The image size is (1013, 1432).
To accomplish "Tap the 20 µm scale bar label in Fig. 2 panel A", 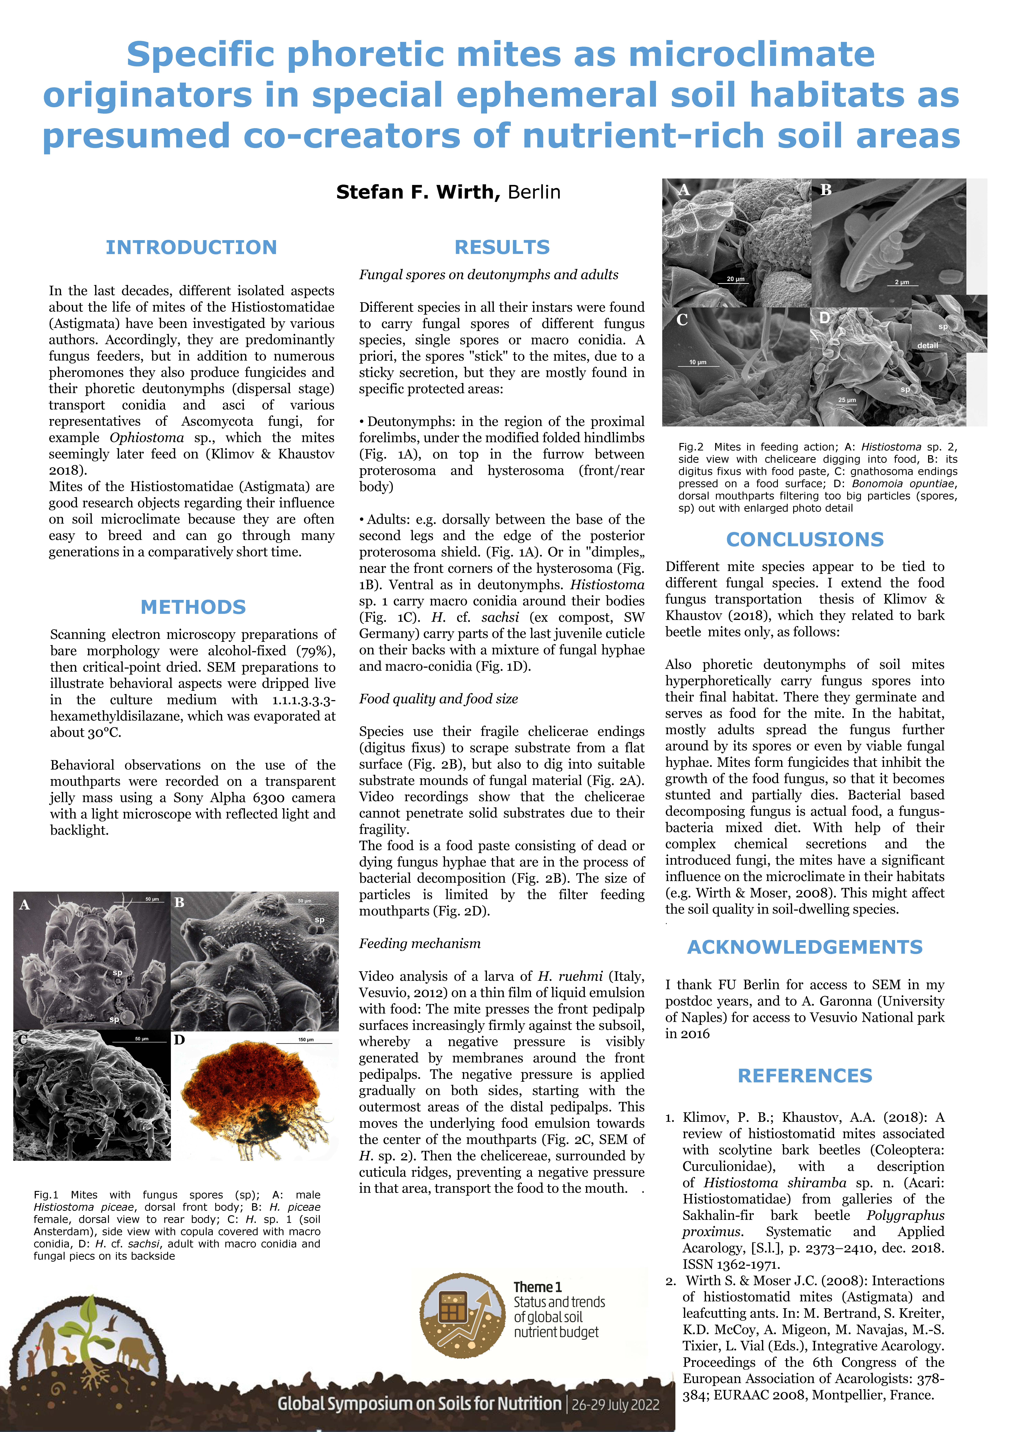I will click(735, 279).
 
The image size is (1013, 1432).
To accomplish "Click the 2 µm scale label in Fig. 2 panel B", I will click(902, 282).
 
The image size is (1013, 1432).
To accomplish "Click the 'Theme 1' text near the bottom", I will click(538, 1287).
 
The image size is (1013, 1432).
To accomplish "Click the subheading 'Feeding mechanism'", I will click(420, 944).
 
